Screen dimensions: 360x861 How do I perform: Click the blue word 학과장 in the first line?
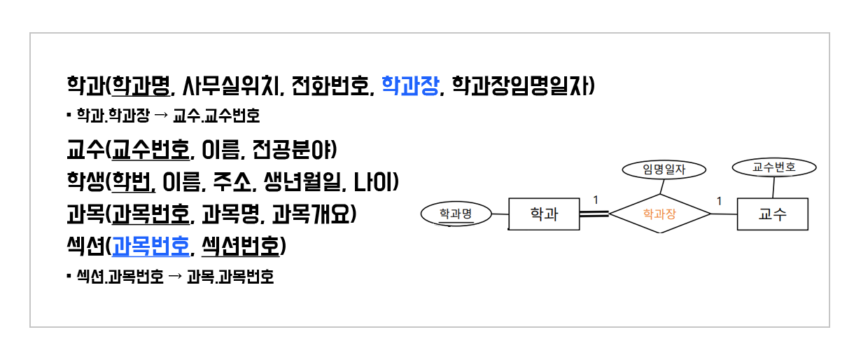(410, 85)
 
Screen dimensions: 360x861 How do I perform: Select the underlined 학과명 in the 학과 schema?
(143, 85)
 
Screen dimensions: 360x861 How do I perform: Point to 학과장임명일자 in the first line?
(521, 85)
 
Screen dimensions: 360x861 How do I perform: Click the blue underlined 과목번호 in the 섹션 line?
(151, 246)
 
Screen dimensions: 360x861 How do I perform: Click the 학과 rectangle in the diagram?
(544, 214)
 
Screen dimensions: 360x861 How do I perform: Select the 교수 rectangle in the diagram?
(772, 214)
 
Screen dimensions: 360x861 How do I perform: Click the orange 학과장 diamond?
(659, 214)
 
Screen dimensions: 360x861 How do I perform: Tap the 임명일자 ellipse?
(664, 169)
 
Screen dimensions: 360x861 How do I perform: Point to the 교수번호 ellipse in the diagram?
(773, 167)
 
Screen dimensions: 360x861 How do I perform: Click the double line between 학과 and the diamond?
(594, 214)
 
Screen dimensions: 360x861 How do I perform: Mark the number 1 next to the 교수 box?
(718, 202)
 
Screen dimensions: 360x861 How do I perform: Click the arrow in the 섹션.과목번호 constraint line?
(175, 277)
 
